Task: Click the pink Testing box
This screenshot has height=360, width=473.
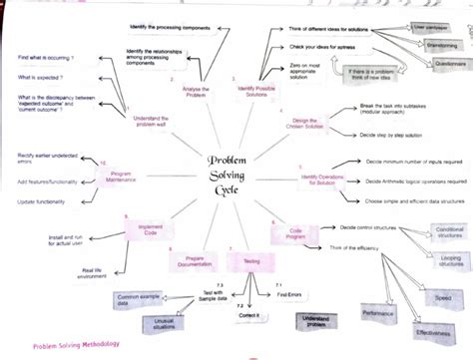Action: point(243,260)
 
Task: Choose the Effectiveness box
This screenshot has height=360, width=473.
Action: point(435,332)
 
